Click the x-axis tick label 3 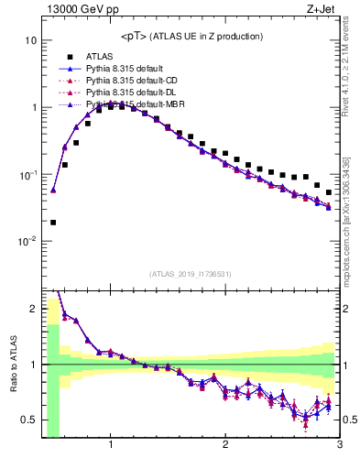click(x=339, y=445)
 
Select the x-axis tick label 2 click(x=225, y=445)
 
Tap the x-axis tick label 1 click(x=111, y=445)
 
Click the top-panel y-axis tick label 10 click(x=30, y=41)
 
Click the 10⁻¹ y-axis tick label click(x=27, y=175)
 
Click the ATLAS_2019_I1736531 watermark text click(x=191, y=274)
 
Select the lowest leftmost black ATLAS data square click(x=53, y=222)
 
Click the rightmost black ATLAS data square click(x=329, y=192)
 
